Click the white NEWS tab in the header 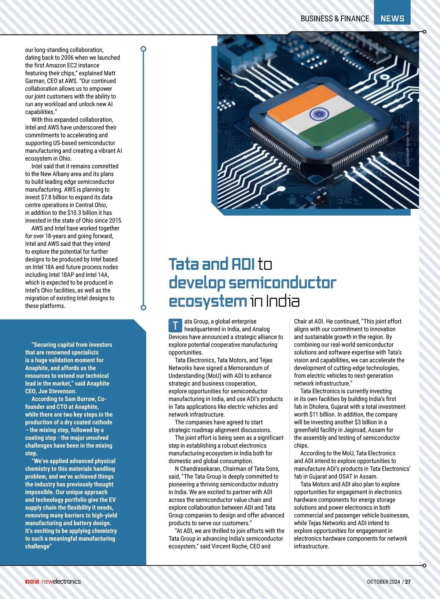click(392, 18)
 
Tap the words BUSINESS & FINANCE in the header click(334, 18)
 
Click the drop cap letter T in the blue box click(175, 325)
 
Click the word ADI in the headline click(242, 264)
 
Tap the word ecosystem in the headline click(208, 301)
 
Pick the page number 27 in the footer click(408, 581)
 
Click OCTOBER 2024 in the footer click(383, 581)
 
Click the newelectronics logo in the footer click(61, 581)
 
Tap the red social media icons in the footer click(32, 582)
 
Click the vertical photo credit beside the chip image click(407, 144)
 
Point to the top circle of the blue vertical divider click(143, 49)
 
